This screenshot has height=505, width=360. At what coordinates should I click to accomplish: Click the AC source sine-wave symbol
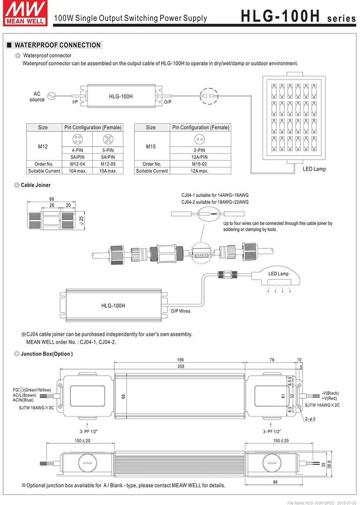51,96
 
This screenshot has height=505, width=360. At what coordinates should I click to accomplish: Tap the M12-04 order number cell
74,164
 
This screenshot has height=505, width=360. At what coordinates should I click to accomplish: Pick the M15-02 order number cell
200,164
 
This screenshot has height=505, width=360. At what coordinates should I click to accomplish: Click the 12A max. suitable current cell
200,171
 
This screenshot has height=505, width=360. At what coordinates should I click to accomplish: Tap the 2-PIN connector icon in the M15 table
200,139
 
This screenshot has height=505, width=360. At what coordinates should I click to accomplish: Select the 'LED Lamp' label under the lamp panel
314,169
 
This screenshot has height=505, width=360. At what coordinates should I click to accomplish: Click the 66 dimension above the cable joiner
52,199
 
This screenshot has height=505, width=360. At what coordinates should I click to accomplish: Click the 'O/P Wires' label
180,311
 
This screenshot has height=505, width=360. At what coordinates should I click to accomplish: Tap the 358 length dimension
181,366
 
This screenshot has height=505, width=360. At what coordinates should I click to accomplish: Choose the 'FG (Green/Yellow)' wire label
32,390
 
